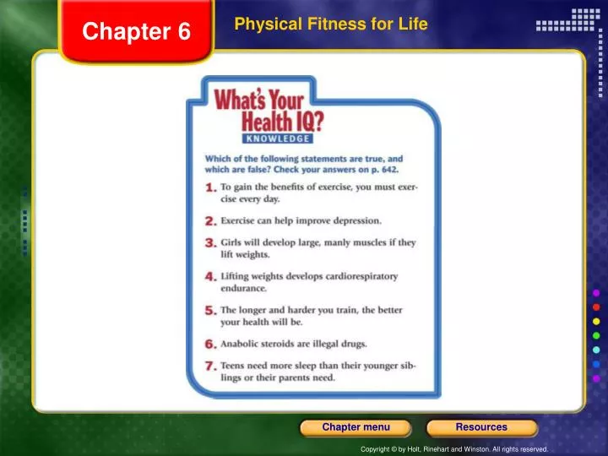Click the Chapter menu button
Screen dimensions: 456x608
point(356,427)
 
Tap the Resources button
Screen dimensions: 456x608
point(481,427)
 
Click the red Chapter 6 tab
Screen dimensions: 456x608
point(137,32)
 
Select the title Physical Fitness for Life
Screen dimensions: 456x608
point(331,24)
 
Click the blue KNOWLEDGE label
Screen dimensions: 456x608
point(278,138)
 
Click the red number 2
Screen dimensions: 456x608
point(211,221)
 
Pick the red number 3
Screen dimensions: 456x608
point(211,243)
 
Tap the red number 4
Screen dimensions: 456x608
point(211,277)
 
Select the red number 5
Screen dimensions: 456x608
point(211,311)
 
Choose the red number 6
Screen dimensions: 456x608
point(211,345)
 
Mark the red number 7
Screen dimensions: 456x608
point(211,366)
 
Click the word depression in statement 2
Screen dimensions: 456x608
point(358,220)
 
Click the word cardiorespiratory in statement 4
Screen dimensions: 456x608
point(355,275)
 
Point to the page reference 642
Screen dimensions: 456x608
point(388,170)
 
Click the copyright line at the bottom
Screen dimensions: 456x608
point(454,449)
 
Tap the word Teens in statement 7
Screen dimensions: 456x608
point(234,366)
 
